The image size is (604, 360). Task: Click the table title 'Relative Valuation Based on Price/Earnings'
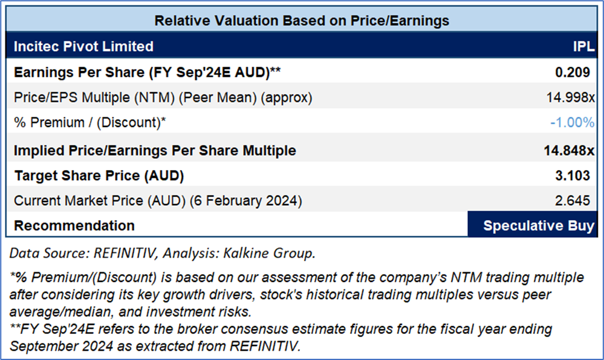click(x=302, y=21)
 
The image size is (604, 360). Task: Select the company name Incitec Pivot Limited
click(x=83, y=47)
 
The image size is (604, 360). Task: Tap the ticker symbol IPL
click(x=583, y=47)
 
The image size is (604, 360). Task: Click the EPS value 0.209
click(x=573, y=73)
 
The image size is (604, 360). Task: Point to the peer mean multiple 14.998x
click(x=569, y=97)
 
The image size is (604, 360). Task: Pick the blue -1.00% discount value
click(x=572, y=122)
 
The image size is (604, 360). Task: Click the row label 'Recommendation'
click(x=74, y=226)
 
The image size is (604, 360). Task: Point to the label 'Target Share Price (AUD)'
click(x=99, y=176)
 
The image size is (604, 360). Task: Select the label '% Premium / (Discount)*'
click(x=90, y=122)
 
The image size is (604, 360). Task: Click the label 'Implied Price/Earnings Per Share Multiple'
click(x=155, y=150)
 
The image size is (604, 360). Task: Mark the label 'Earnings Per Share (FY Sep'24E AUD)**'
click(x=148, y=73)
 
